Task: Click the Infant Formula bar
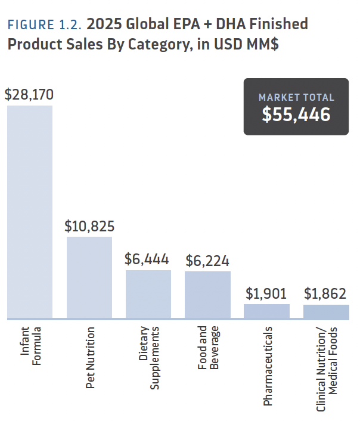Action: click(30, 212)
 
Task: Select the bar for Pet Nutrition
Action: click(89, 277)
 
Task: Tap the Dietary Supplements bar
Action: click(148, 294)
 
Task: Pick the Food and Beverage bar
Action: click(207, 295)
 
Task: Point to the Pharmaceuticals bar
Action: click(266, 311)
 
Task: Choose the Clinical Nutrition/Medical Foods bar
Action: click(326, 311)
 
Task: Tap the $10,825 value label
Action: click(89, 227)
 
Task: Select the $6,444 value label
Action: click(147, 259)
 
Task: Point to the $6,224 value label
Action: click(207, 261)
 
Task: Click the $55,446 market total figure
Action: click(296, 114)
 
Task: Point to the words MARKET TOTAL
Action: click(296, 97)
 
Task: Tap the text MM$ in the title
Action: click(260, 45)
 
